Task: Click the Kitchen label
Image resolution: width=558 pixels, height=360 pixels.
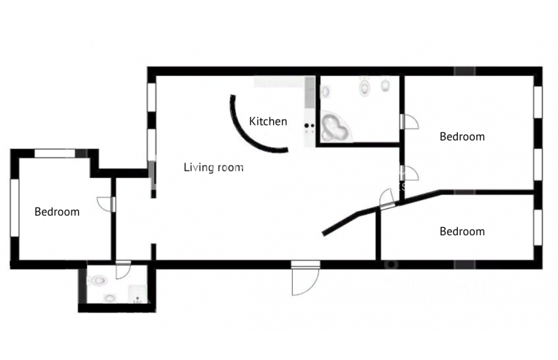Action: (268, 121)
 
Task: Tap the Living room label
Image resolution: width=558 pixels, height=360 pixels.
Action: (214, 167)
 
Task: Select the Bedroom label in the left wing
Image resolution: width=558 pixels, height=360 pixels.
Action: (57, 212)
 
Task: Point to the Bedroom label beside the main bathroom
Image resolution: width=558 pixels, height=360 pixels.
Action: (462, 137)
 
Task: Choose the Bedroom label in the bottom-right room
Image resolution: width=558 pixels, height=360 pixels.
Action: (462, 232)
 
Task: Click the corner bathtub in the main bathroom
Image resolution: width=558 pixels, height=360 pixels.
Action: (335, 127)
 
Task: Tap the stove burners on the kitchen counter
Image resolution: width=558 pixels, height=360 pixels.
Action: (309, 125)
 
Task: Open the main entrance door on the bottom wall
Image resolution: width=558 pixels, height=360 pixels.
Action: (305, 278)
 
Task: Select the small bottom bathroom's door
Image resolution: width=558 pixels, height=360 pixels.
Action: (123, 270)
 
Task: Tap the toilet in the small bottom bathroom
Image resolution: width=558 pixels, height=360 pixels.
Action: (98, 281)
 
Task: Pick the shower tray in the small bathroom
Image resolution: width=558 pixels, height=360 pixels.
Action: (137, 294)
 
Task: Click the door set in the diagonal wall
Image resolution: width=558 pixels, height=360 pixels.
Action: (387, 199)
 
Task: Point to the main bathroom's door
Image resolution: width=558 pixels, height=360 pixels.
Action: (409, 122)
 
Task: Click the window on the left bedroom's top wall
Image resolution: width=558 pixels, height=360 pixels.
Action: (55, 154)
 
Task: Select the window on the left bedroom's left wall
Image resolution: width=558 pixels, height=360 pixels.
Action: (14, 208)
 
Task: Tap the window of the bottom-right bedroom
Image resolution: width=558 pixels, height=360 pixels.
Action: (538, 227)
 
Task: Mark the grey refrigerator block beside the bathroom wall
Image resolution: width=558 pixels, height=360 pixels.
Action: (310, 93)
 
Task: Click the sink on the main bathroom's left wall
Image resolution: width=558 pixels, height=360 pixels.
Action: (325, 91)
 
